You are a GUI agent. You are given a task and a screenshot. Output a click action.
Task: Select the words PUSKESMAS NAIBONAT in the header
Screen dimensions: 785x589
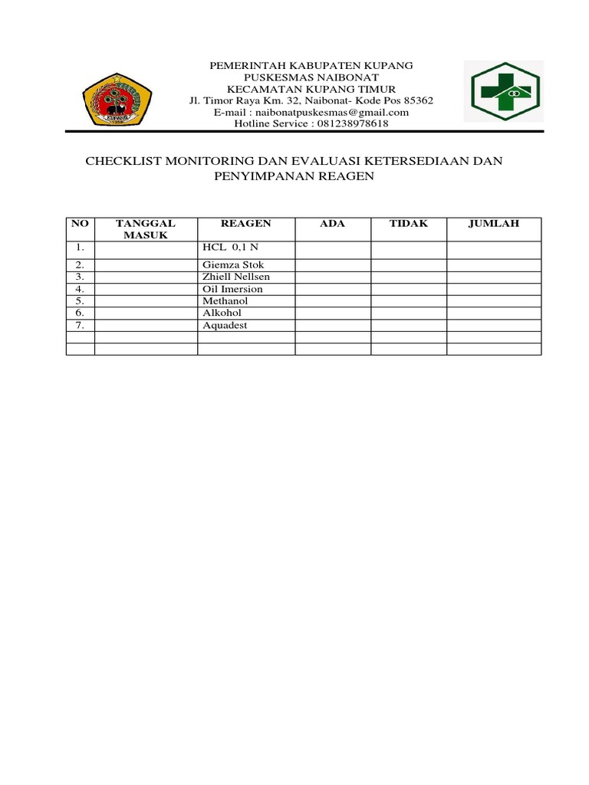(x=311, y=77)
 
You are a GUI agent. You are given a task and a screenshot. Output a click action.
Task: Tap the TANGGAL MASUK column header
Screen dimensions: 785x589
(x=146, y=229)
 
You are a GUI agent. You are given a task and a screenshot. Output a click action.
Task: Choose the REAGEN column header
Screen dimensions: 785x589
(x=245, y=224)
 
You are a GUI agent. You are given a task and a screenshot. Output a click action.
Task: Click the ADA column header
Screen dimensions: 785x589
(x=333, y=224)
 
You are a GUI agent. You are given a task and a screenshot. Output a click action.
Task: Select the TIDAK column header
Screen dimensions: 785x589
(x=409, y=224)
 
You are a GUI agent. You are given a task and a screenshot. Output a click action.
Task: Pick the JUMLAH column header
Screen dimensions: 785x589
(x=494, y=224)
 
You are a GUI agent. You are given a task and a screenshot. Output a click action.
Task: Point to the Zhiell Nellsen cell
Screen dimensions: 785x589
(x=236, y=277)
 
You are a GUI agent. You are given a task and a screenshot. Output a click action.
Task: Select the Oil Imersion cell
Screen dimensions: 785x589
(x=232, y=289)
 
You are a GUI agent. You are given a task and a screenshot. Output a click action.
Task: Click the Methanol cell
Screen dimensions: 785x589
(x=225, y=301)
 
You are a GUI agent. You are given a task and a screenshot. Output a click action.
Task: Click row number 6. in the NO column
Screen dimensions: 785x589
(x=80, y=314)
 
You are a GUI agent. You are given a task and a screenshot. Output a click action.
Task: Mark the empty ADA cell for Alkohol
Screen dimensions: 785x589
(x=333, y=314)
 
